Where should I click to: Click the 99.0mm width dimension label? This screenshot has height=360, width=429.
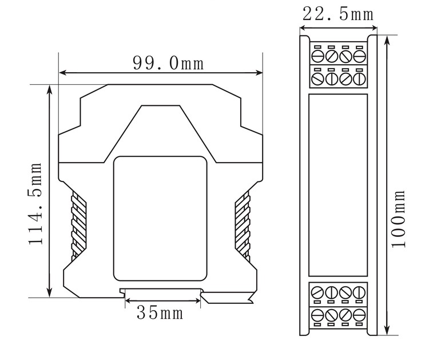pyautogui.click(x=168, y=63)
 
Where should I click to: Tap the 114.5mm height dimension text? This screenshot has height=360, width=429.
pyautogui.click(x=35, y=203)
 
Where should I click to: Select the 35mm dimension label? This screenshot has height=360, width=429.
pyautogui.click(x=160, y=312)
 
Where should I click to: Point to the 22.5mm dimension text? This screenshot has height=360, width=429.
pyautogui.click(x=338, y=14)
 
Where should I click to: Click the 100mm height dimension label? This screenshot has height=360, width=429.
pyautogui.click(x=398, y=219)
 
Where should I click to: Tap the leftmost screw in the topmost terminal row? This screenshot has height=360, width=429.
pyautogui.click(x=318, y=57)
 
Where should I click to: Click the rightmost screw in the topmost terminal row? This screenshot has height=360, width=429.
pyautogui.click(x=359, y=57)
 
